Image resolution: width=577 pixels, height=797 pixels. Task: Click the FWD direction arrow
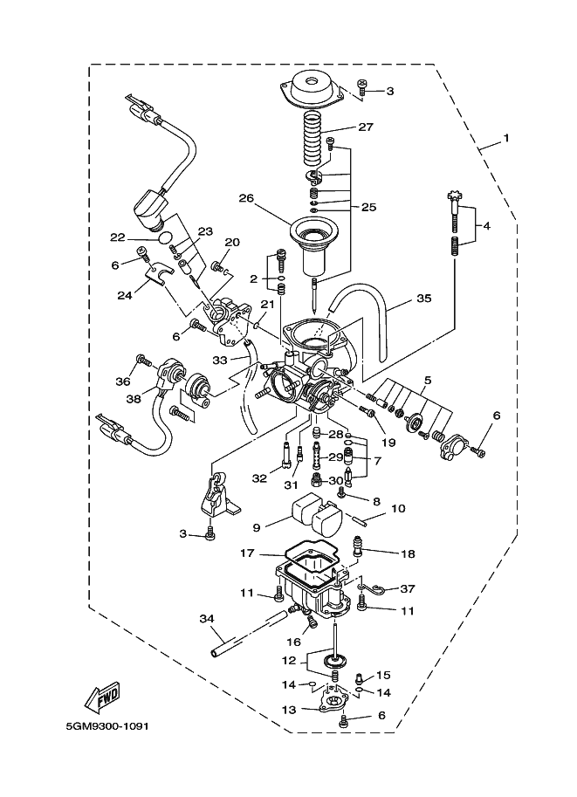102,697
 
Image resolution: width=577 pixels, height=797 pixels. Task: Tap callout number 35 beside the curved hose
422,299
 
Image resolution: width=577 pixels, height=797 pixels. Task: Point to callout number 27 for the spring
364,127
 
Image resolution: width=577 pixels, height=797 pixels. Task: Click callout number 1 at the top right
505,139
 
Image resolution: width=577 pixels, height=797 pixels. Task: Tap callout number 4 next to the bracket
486,226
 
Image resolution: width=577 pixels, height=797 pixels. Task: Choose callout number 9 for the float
256,526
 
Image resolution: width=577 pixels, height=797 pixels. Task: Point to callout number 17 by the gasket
247,553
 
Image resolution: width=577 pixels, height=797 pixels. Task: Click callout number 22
117,237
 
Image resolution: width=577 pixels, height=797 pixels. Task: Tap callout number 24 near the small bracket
125,294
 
